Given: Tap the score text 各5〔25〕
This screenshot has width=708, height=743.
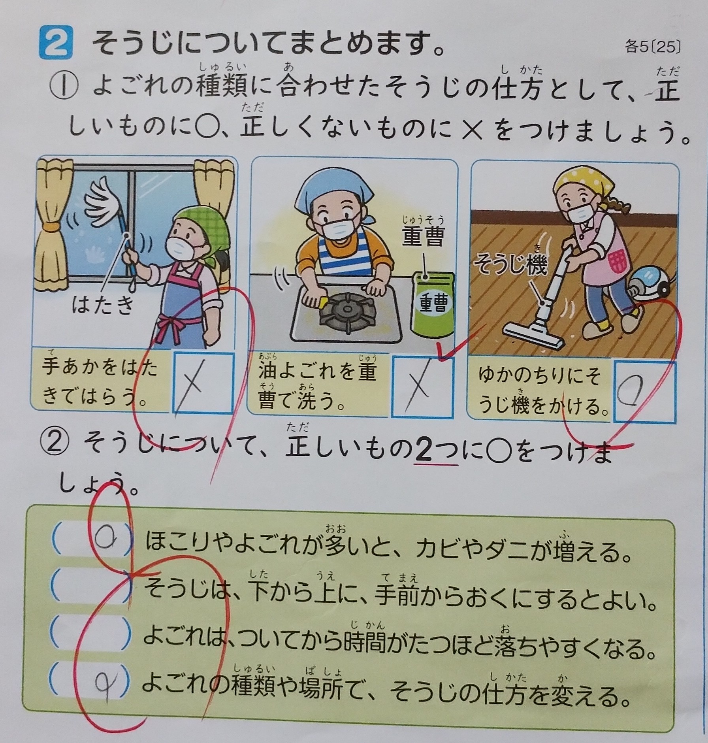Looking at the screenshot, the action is pos(653,47).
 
